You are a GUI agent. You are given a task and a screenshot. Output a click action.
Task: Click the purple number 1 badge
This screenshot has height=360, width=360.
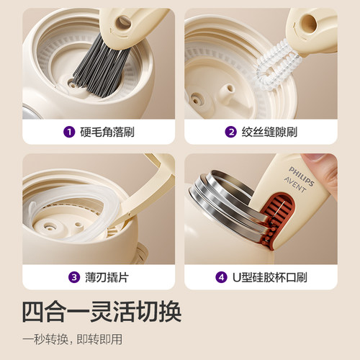click(69, 132)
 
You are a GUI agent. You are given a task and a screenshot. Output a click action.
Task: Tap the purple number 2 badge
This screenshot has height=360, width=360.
click(231, 132)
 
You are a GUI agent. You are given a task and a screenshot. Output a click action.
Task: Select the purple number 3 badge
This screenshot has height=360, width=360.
click(74, 276)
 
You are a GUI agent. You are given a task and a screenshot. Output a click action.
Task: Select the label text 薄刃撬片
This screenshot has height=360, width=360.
click(105, 276)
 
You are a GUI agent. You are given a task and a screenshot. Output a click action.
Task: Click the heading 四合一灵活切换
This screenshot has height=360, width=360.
click(101, 312)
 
